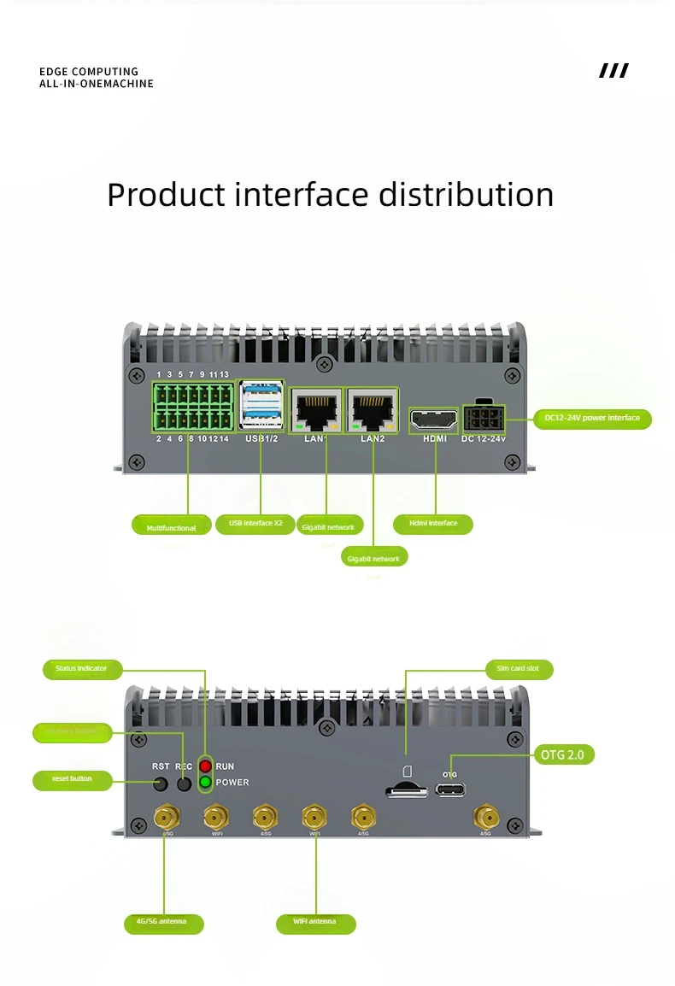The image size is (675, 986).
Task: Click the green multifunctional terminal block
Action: (x=193, y=406)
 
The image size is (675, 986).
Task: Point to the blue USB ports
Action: (x=261, y=406)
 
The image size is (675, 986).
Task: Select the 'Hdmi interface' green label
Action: (x=433, y=523)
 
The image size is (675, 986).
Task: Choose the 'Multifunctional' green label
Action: (x=171, y=527)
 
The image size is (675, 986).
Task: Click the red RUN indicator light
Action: (x=205, y=766)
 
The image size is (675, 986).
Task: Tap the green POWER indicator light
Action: (x=205, y=782)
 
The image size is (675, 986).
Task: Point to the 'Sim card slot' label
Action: (x=518, y=668)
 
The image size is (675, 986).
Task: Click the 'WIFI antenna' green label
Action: (x=315, y=922)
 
